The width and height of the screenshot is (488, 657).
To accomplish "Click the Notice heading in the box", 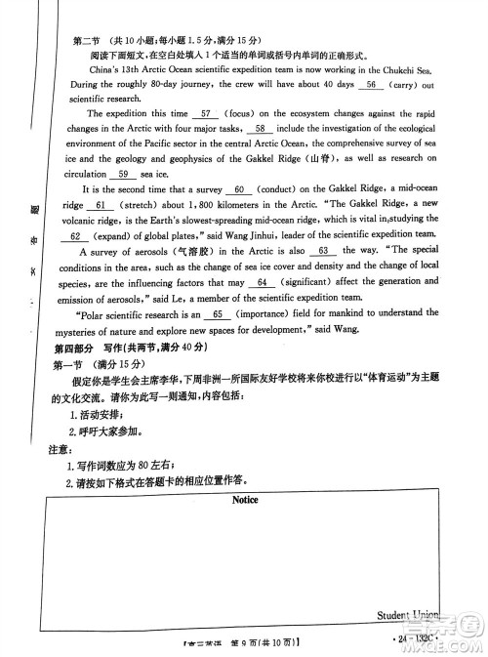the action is [x=245, y=499].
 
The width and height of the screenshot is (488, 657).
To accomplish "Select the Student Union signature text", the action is [x=407, y=615].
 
